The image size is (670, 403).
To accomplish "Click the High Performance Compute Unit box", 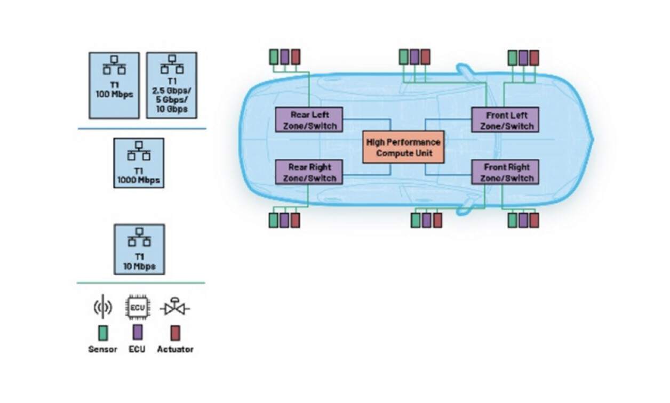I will coord(403,147).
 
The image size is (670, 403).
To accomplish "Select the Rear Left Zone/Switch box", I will coord(309,120).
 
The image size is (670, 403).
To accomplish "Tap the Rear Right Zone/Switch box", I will coord(309,172).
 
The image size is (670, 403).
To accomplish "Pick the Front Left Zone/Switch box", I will coord(505,120).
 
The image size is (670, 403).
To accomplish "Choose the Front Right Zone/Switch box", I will coord(505,172).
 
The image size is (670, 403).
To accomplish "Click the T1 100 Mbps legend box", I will coord(114,85).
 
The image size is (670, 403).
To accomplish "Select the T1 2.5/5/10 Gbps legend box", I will coord(171,85).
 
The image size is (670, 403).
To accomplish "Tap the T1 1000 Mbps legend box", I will coord(139,163).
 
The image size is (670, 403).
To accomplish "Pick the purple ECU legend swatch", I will coord(137,333).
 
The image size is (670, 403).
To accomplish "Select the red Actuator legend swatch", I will coord(175,333).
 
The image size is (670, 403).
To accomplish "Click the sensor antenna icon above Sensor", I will coord(102,308).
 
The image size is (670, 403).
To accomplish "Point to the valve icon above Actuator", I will coord(174,308).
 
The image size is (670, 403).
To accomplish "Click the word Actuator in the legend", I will coord(175,350).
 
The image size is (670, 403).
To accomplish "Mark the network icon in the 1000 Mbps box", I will coord(139,151).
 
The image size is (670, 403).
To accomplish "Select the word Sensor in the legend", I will coord(102,350).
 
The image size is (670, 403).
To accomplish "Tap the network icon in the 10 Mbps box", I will coord(139,237).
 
